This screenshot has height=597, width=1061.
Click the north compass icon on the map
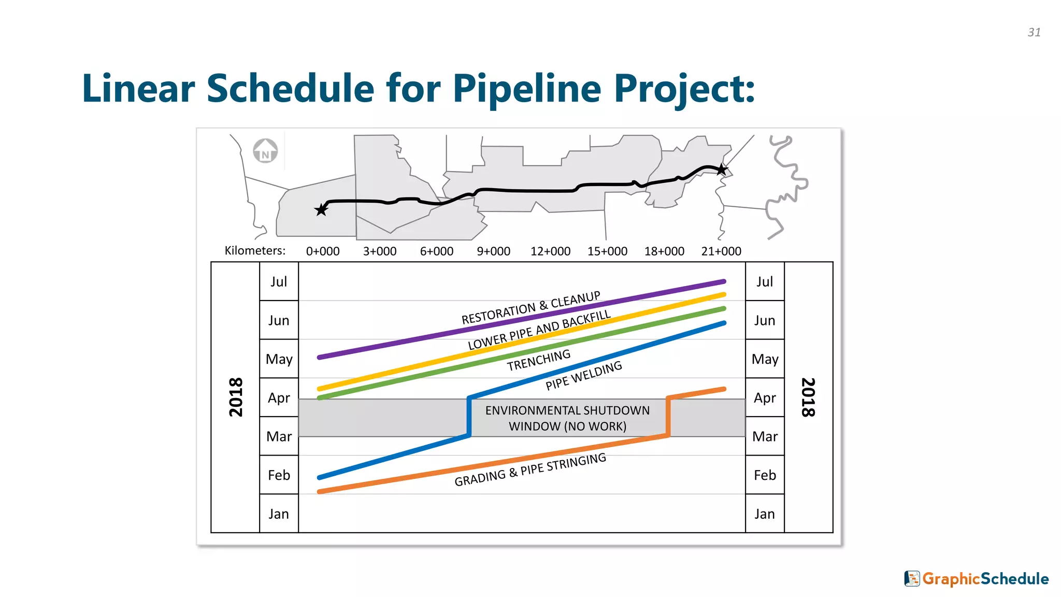[x=265, y=151]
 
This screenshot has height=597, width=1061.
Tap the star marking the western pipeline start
[x=321, y=209]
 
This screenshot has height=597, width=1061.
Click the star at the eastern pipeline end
[x=722, y=169]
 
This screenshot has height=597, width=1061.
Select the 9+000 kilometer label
[x=493, y=251]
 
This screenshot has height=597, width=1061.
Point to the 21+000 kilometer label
[x=721, y=251]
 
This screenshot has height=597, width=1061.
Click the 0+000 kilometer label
[x=322, y=251]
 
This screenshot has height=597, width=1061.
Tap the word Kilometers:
[x=255, y=251]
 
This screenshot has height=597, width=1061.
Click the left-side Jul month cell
[x=279, y=281]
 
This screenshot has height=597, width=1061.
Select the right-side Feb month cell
[x=765, y=475]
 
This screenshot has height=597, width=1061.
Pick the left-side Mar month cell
[x=279, y=436]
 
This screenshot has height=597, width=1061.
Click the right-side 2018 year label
[x=808, y=397]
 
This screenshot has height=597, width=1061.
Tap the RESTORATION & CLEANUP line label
[x=531, y=308]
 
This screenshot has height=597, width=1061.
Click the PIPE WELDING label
[x=584, y=376]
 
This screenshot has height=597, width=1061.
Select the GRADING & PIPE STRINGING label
[x=530, y=470]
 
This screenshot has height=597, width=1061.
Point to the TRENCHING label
[x=539, y=360]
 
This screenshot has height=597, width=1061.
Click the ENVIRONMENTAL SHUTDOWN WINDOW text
[x=567, y=418]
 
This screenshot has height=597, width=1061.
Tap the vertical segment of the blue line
[x=469, y=417]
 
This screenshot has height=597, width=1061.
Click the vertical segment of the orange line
[x=668, y=417]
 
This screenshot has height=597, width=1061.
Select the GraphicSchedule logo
[x=977, y=578]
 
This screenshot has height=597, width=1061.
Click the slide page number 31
[x=1034, y=32]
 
